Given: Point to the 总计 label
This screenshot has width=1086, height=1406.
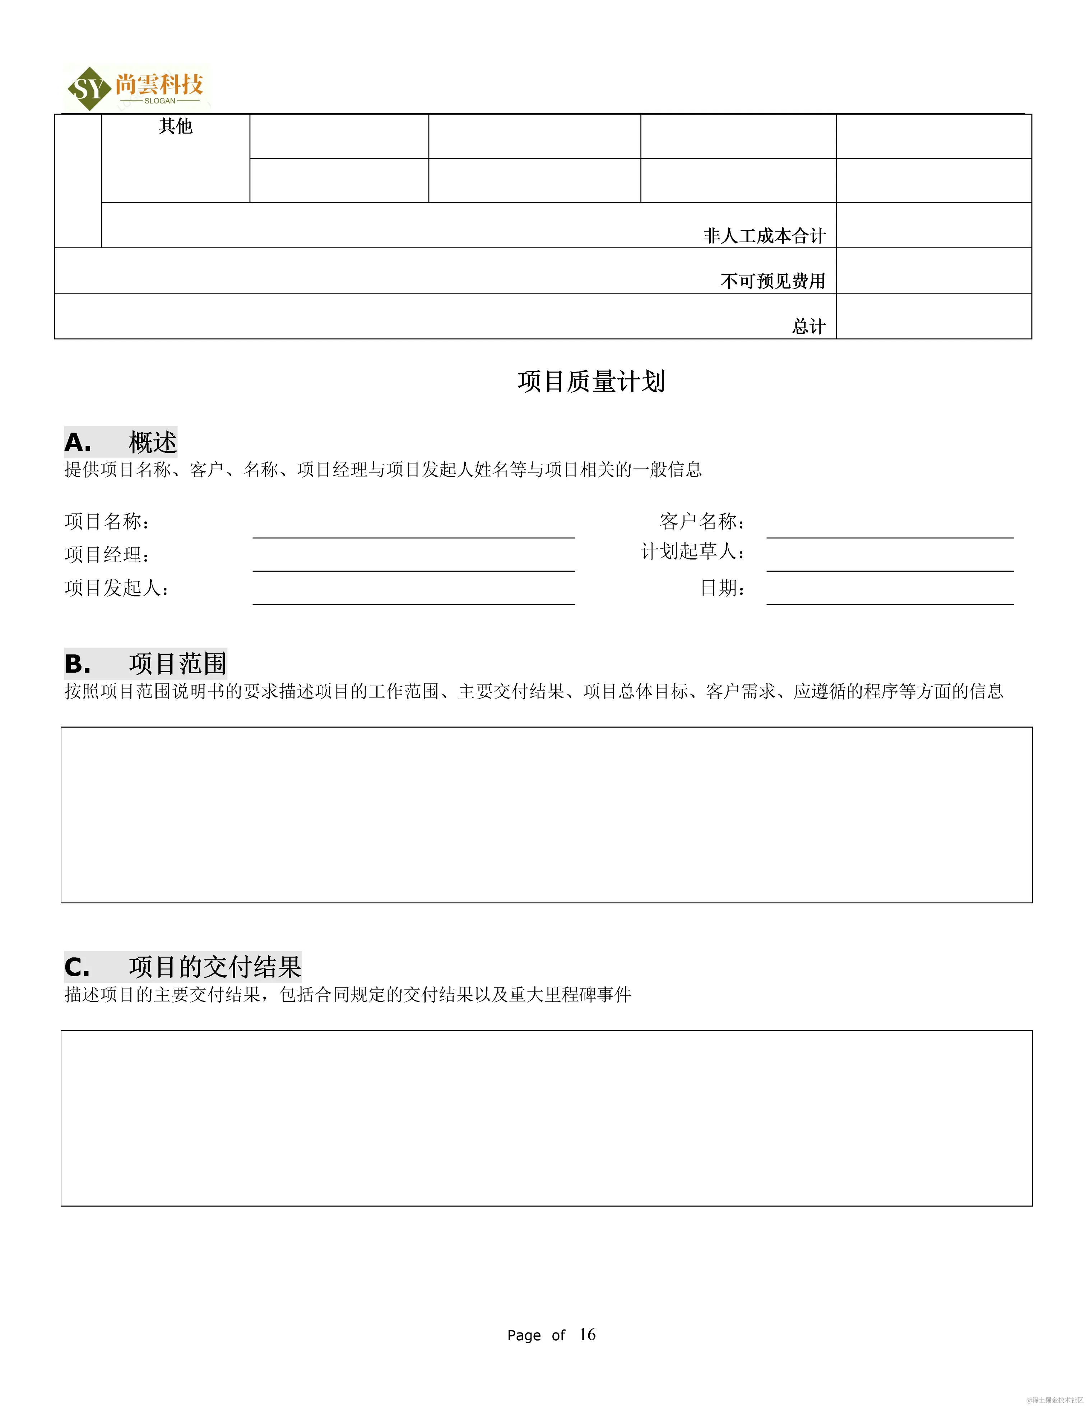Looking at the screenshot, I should click(x=808, y=326).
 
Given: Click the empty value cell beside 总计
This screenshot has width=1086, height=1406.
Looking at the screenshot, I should click(x=933, y=316).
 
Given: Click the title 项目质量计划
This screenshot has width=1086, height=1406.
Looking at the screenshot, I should click(x=591, y=381).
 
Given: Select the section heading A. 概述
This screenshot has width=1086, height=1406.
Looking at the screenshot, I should click(x=120, y=442).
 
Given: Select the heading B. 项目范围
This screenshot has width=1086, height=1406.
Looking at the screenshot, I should click(x=145, y=664).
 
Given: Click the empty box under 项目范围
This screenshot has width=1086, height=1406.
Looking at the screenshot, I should click(x=546, y=814).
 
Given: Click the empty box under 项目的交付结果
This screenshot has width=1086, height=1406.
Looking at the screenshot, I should click(x=546, y=1117).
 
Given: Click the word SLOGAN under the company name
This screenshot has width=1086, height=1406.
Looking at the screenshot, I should click(x=159, y=101).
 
